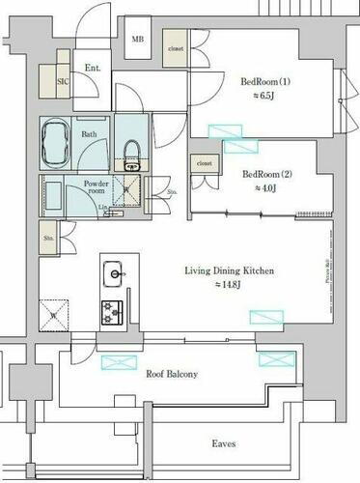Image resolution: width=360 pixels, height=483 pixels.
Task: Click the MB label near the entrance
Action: [x=139, y=41]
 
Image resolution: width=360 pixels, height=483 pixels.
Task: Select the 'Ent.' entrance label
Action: [x=94, y=68]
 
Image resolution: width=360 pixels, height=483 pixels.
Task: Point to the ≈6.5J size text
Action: [x=264, y=98]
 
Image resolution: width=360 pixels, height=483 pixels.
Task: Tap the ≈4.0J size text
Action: [x=264, y=189]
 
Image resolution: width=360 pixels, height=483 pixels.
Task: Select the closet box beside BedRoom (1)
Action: [x=176, y=47]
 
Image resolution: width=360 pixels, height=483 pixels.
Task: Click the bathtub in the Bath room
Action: [x=57, y=144]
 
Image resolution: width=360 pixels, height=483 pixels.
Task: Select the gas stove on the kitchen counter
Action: [x=114, y=310]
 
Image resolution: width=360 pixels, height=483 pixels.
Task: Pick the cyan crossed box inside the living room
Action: [x=265, y=317]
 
